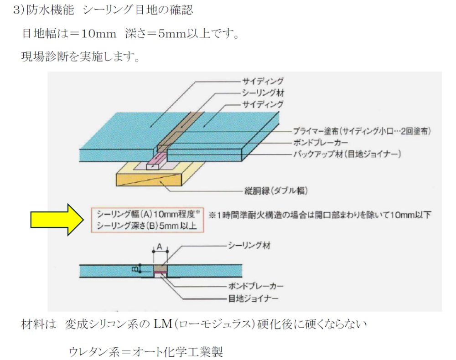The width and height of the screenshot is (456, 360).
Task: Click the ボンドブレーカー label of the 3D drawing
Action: pyautogui.click(x=319, y=142)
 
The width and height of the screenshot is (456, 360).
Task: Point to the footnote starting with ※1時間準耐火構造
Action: pyautogui.click(x=320, y=215)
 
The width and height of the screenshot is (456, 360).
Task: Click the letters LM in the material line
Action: pyautogui.click(x=162, y=324)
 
